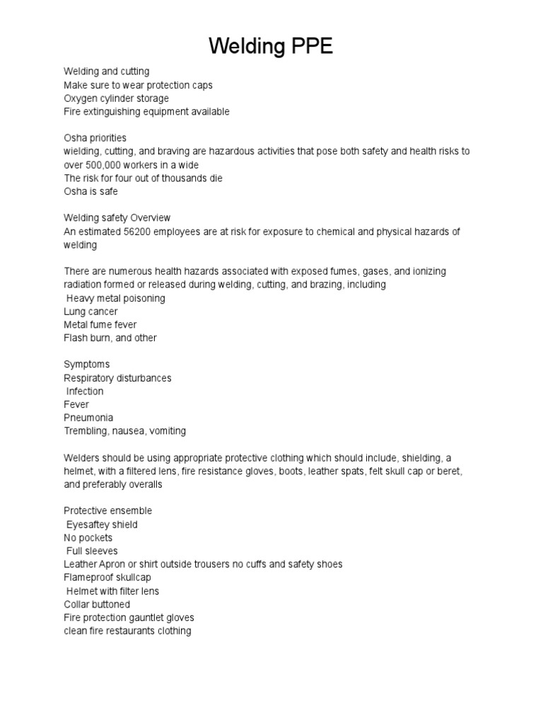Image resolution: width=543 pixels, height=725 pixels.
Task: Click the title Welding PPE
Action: click(271, 47)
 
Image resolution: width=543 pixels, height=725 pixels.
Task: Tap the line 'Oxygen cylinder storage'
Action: click(116, 98)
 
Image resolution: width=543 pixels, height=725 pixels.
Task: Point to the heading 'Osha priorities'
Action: click(95, 138)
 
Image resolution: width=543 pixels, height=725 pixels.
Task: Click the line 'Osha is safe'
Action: click(90, 191)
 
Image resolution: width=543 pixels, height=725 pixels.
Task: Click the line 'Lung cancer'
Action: click(90, 312)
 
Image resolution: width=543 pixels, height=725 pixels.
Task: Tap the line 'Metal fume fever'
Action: click(100, 325)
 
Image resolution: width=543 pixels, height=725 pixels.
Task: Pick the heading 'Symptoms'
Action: click(87, 365)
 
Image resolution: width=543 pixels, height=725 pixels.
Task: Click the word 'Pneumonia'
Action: click(88, 418)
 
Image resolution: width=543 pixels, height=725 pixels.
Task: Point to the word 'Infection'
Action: click(85, 392)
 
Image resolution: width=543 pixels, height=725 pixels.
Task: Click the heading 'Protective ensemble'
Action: click(107, 511)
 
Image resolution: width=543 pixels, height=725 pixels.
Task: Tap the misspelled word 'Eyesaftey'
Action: click(90, 525)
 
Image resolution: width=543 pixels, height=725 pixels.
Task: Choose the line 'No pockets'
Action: click(88, 538)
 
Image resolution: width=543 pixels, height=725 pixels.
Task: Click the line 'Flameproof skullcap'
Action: click(107, 578)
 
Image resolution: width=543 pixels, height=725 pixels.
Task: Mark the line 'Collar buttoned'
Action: click(97, 605)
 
